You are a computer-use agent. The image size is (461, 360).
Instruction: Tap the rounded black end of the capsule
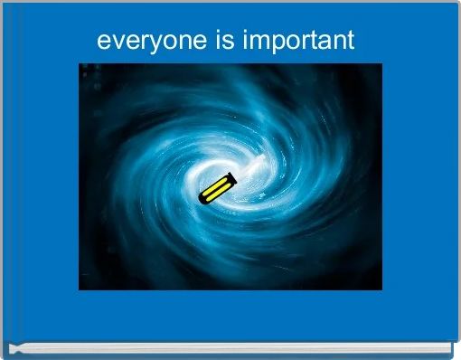pyautogui.click(x=203, y=198)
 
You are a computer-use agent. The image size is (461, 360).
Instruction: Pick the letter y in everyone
pyautogui.click(x=136, y=44)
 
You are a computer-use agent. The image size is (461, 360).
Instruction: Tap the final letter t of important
pyautogui.click(x=350, y=41)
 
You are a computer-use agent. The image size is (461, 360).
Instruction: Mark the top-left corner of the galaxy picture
pyautogui.click(x=80, y=63)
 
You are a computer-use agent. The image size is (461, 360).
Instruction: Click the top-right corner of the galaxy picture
pyautogui.click(x=381, y=63)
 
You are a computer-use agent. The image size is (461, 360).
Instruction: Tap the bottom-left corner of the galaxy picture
pyautogui.click(x=80, y=289)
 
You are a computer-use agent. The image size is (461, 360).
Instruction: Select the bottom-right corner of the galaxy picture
pyautogui.click(x=381, y=289)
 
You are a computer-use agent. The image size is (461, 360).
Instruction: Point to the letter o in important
pyautogui.click(x=288, y=42)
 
